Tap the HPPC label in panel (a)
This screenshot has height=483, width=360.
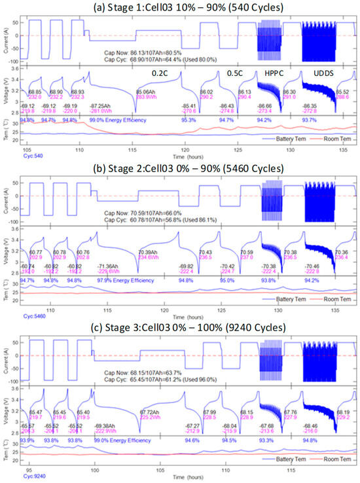pos(271,73)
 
